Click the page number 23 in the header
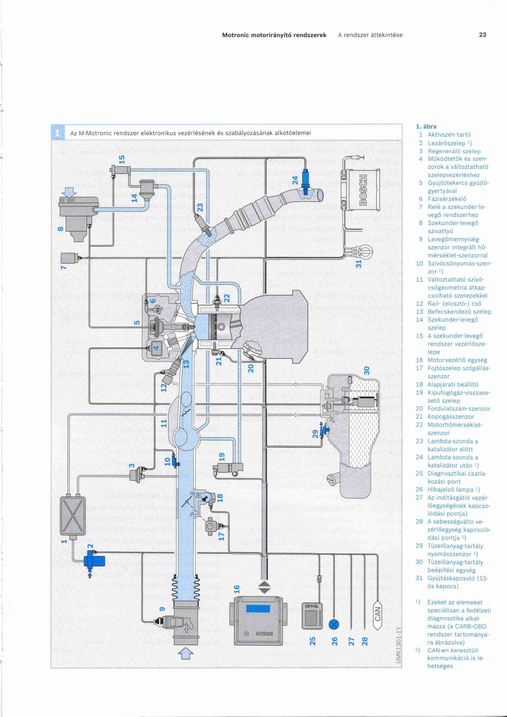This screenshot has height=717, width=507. coord(482,35)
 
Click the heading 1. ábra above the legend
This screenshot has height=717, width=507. coord(426,127)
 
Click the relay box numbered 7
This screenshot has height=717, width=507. coord(69,258)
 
